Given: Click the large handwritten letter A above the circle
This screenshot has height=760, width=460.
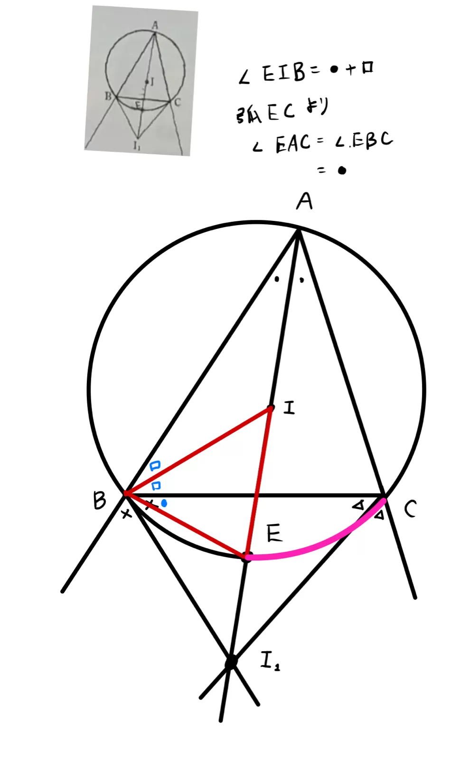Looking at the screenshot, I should tap(304, 201).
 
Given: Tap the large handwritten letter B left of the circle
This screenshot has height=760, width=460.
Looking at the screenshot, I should tap(99, 500).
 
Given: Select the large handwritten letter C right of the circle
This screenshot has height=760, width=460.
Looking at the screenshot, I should tap(410, 509).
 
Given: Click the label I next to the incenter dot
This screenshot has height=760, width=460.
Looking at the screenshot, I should tap(289, 408).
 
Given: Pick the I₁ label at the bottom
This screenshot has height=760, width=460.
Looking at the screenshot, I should tap(270, 661).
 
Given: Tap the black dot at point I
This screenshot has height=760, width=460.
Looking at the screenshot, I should tap(271, 408).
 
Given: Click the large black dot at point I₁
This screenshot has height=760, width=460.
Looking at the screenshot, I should tap(231, 661).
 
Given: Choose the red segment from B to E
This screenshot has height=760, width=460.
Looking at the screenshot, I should tap(185, 525).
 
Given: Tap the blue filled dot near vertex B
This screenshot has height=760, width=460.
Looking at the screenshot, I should tap(164, 503).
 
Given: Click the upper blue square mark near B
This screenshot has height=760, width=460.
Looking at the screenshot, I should tap(155, 466).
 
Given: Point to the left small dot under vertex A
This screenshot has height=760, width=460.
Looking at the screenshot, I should tap(277, 279).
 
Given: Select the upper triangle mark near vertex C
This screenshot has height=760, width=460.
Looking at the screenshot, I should tap(358, 505).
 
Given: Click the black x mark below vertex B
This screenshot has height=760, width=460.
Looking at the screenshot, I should tap(126, 513).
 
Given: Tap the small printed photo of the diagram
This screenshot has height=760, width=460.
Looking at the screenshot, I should tap(141, 81).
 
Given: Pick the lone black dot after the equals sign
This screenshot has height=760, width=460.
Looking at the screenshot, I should tap(342, 171).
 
